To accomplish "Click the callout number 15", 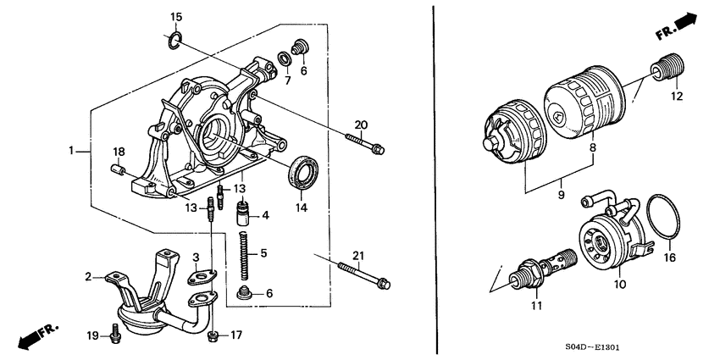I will coord(176,17).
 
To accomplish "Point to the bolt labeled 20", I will coord(363,145).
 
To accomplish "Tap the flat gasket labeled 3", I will coord(202,274).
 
